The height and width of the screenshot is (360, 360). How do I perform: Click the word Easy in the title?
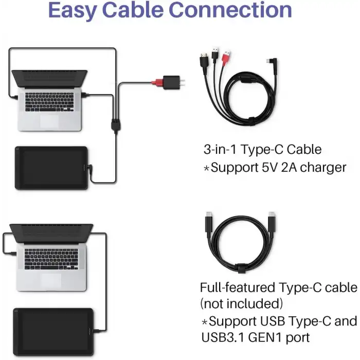[x=73, y=10]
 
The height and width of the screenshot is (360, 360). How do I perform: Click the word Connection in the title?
[x=230, y=10]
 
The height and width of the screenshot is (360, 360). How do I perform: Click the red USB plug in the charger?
[x=157, y=82]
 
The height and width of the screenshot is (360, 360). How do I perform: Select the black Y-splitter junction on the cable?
[x=116, y=124]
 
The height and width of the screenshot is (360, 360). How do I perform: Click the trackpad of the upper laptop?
[x=49, y=121]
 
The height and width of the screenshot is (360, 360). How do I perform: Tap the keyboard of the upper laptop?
[x=49, y=102]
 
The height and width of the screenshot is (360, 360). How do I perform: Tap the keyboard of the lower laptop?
[x=51, y=259]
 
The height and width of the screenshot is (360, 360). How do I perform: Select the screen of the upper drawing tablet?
[x=51, y=168]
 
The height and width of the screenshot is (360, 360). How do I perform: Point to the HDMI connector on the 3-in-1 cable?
[x=204, y=60]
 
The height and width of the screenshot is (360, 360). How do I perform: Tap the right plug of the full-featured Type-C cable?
[x=272, y=222]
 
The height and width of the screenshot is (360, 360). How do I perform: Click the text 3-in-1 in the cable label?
[x=220, y=149]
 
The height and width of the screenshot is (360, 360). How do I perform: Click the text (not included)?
[x=242, y=304]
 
